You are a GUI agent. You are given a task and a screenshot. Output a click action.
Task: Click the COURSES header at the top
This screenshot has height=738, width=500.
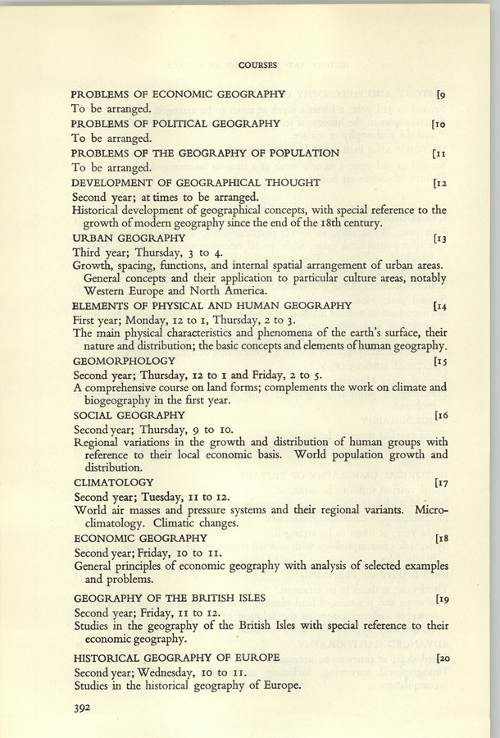pyautogui.click(x=258, y=64)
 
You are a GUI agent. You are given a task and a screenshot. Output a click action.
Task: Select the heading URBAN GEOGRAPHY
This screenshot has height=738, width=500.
pyautogui.click(x=128, y=238)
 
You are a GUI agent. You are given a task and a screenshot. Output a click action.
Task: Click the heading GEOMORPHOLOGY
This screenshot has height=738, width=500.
pyautogui.click(x=124, y=361)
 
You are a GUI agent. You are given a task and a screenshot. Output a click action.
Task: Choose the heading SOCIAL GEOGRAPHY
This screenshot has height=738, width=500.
pyautogui.click(x=129, y=416)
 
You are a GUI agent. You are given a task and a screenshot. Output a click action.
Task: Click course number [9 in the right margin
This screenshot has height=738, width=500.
pyautogui.click(x=442, y=93)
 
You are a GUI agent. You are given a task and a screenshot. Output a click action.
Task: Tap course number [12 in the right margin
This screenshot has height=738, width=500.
pyautogui.click(x=439, y=182)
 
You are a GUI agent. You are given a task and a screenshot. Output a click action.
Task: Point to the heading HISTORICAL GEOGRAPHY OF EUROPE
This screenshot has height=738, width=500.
pyautogui.click(x=176, y=658)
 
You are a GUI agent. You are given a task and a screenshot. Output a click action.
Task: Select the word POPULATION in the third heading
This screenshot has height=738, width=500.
pyautogui.click(x=291, y=153)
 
